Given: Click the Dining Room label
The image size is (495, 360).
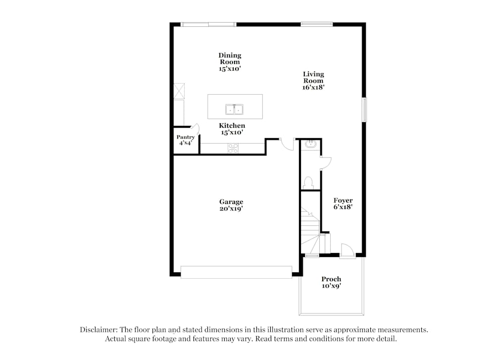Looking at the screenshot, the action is click(x=230, y=59).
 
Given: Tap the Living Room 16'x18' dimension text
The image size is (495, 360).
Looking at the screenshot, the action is click(x=313, y=88).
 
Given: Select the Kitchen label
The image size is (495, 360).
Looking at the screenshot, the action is click(x=232, y=126).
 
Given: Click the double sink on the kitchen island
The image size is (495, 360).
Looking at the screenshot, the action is click(x=234, y=109).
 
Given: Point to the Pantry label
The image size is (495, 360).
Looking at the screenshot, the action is click(x=186, y=137).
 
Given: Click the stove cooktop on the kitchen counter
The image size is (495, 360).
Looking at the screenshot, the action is click(x=233, y=148).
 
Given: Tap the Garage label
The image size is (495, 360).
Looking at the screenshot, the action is click(x=231, y=202).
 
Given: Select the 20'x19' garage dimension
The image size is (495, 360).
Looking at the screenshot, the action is click(x=231, y=209).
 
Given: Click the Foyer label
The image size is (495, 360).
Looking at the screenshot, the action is click(x=343, y=201).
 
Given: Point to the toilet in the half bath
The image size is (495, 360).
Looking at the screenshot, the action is click(x=308, y=183).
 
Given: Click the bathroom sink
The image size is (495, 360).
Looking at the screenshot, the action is click(x=311, y=144).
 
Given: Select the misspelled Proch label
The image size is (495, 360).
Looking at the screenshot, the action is click(x=331, y=279).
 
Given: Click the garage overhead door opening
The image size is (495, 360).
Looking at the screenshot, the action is click(x=236, y=272).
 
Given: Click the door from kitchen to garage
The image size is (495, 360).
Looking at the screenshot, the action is click(x=287, y=144).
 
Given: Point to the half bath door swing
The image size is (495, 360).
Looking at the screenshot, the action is click(x=326, y=163).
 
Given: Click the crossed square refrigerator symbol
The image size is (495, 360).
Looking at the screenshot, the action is click(x=179, y=91).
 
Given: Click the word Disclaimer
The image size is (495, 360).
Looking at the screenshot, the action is click(x=99, y=330).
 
